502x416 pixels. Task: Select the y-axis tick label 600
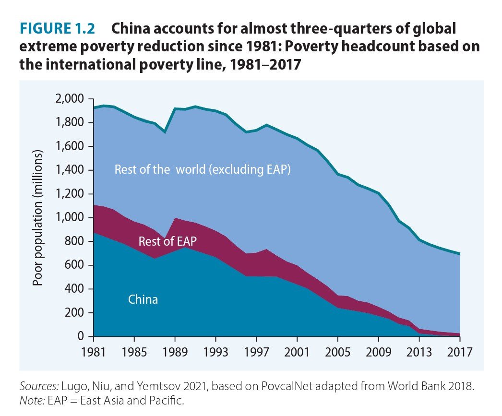pos(76,265)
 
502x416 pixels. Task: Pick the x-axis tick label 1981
pos(94,351)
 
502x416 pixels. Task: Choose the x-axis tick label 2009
pos(379,351)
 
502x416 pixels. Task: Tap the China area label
pos(143,300)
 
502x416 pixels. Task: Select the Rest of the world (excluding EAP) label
pos(203,170)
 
